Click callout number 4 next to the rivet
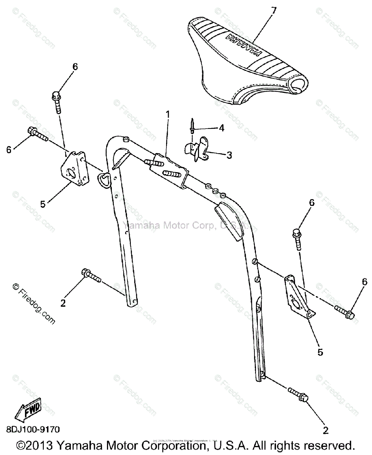[x=221, y=128]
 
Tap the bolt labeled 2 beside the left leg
[x=90, y=276]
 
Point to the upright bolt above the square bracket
[x=57, y=100]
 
